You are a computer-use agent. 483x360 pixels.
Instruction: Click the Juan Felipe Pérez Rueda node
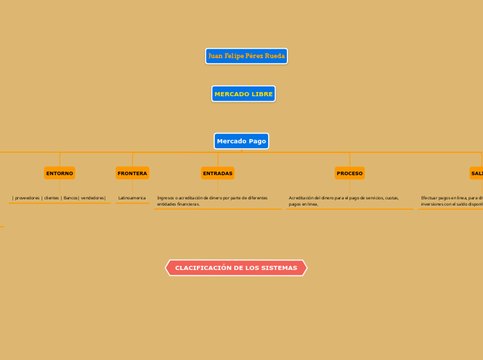click(x=246, y=56)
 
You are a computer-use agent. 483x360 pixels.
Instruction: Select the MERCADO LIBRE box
click(x=243, y=93)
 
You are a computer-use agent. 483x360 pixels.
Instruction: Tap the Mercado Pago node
click(x=241, y=141)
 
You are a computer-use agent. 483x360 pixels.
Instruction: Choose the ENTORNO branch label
click(x=60, y=173)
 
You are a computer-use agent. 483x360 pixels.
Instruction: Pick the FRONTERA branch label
click(x=132, y=173)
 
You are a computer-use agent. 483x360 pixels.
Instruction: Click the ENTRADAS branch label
click(x=218, y=173)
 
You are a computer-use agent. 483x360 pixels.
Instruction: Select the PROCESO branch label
click(x=349, y=173)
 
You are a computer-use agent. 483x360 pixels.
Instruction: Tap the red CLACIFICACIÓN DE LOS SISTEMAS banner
click(x=236, y=268)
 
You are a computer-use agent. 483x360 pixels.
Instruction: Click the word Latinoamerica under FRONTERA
click(x=132, y=198)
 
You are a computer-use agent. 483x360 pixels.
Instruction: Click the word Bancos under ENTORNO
click(x=70, y=198)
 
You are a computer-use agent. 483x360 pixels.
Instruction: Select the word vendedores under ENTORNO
click(x=93, y=198)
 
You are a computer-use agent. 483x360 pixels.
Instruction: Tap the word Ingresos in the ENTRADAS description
click(x=166, y=198)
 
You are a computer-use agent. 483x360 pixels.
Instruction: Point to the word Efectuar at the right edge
click(x=431, y=198)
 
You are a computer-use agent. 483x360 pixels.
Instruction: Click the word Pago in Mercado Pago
click(x=257, y=141)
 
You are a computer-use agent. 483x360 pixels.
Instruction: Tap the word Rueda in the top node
click(x=275, y=56)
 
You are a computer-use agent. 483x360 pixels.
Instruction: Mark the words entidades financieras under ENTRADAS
click(x=178, y=204)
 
